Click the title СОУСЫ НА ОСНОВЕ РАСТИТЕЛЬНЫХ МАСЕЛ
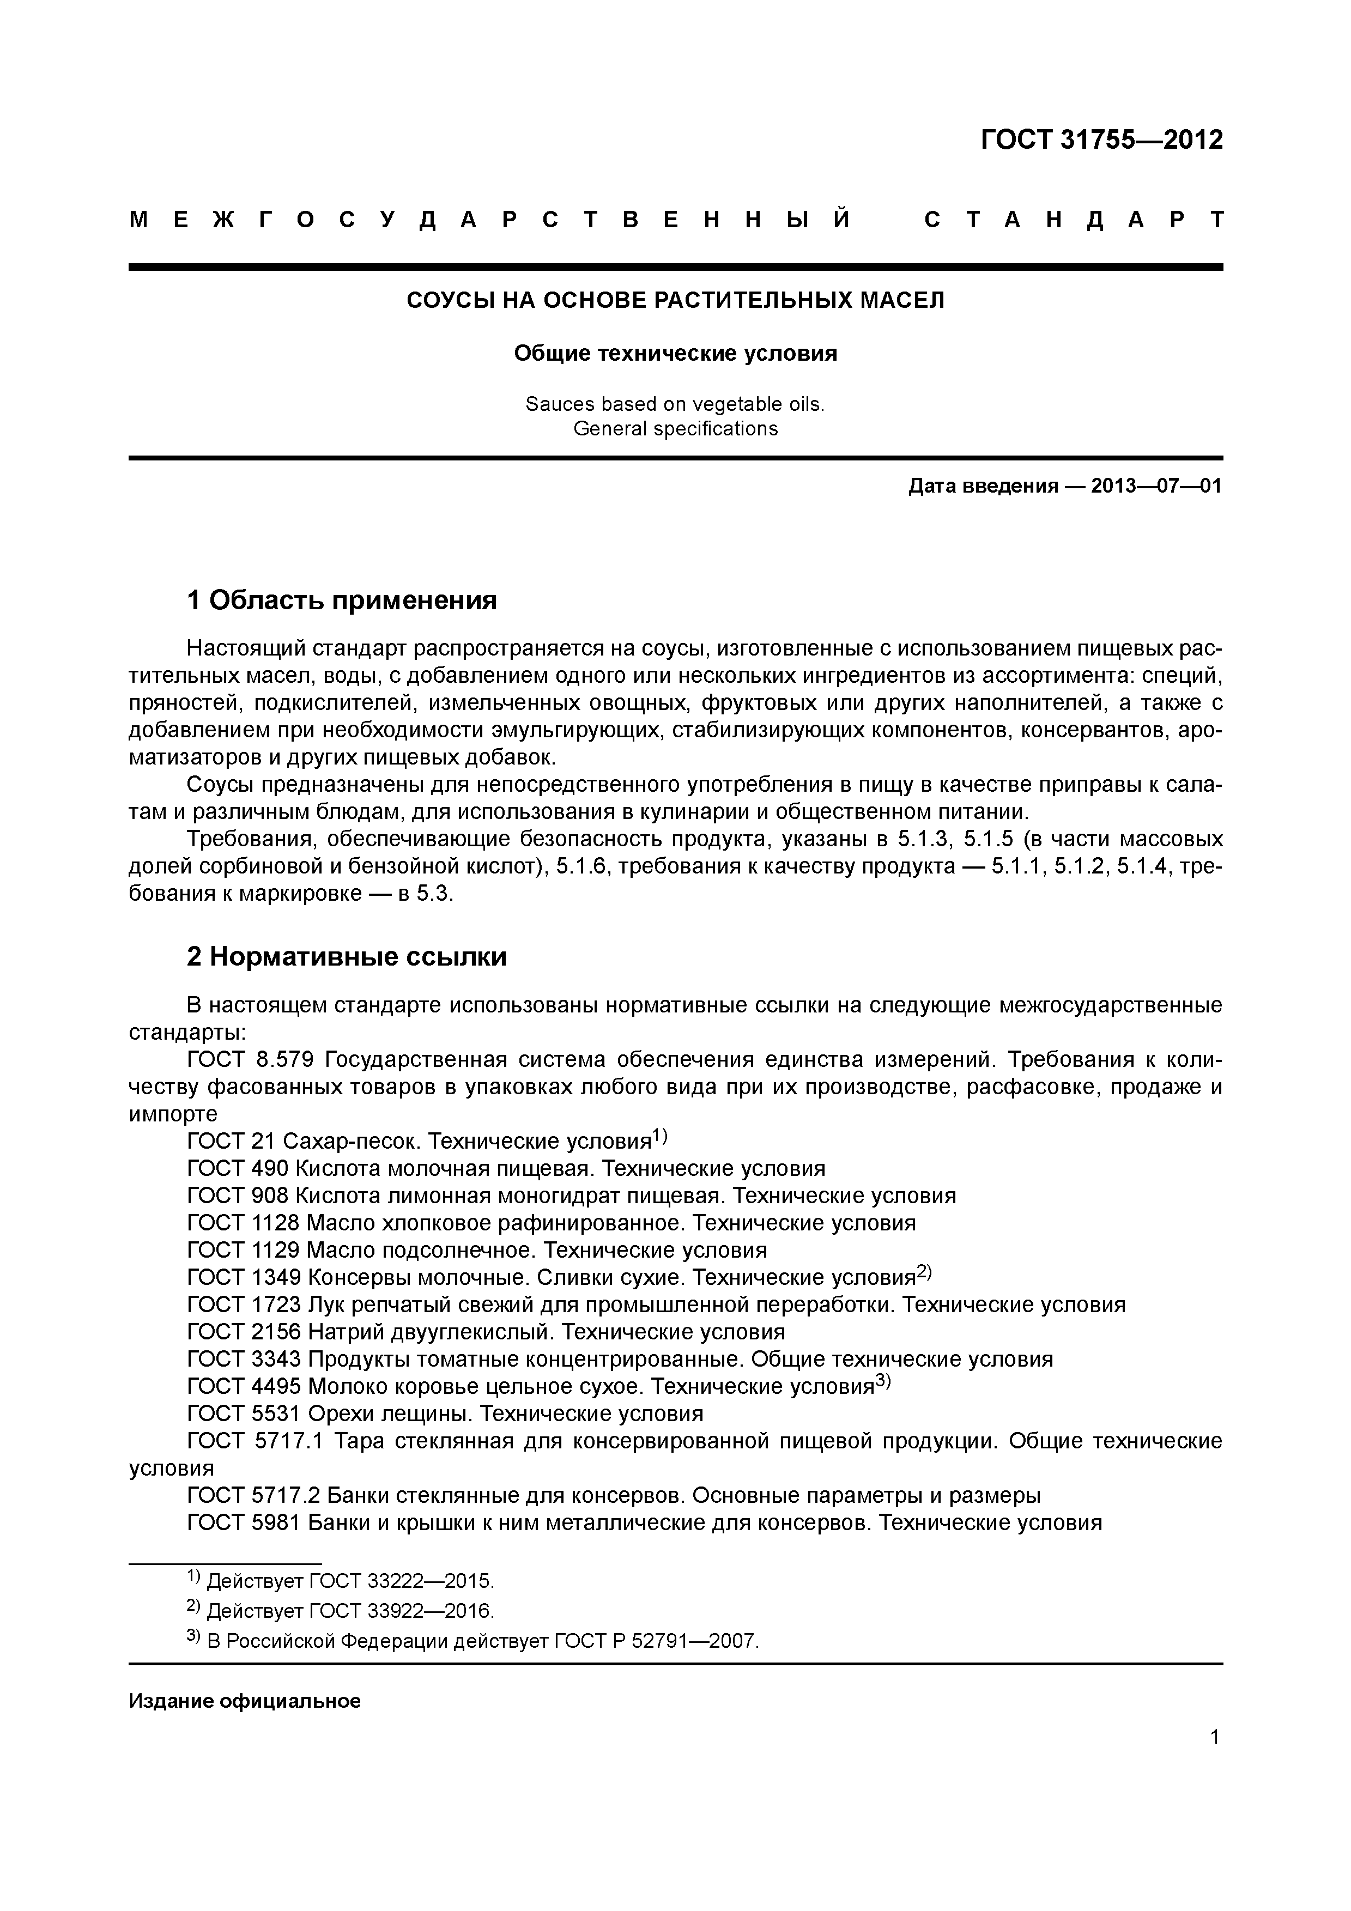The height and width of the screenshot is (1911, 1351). tap(675, 300)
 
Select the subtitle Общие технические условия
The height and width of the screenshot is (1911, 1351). tap(675, 354)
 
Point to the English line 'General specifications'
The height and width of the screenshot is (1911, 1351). tap(675, 429)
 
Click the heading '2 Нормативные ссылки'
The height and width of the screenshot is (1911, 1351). tap(347, 957)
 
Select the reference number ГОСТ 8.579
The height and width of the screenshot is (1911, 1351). tap(250, 1060)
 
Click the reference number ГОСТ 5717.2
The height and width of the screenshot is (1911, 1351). tap(254, 1496)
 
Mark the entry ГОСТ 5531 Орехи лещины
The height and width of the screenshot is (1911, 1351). tap(445, 1414)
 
